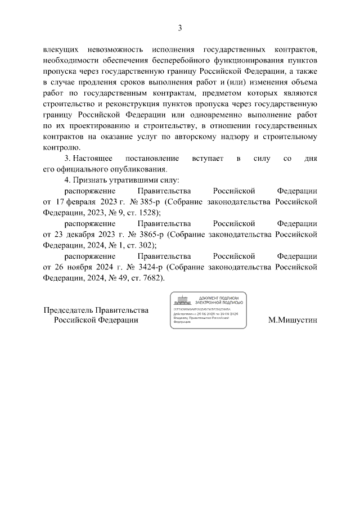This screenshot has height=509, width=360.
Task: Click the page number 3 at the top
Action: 180,28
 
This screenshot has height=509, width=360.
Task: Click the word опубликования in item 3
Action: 141,169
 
